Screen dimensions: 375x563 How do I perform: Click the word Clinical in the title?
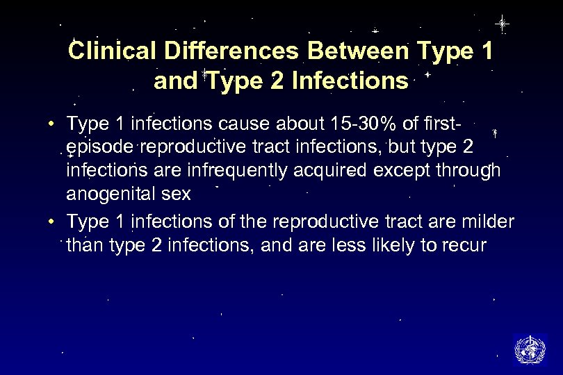click(103, 51)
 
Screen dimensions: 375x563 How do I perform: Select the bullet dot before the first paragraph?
click(52, 125)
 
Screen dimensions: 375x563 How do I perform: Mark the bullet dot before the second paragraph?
click(52, 222)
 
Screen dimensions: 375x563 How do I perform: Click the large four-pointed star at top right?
click(501, 24)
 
